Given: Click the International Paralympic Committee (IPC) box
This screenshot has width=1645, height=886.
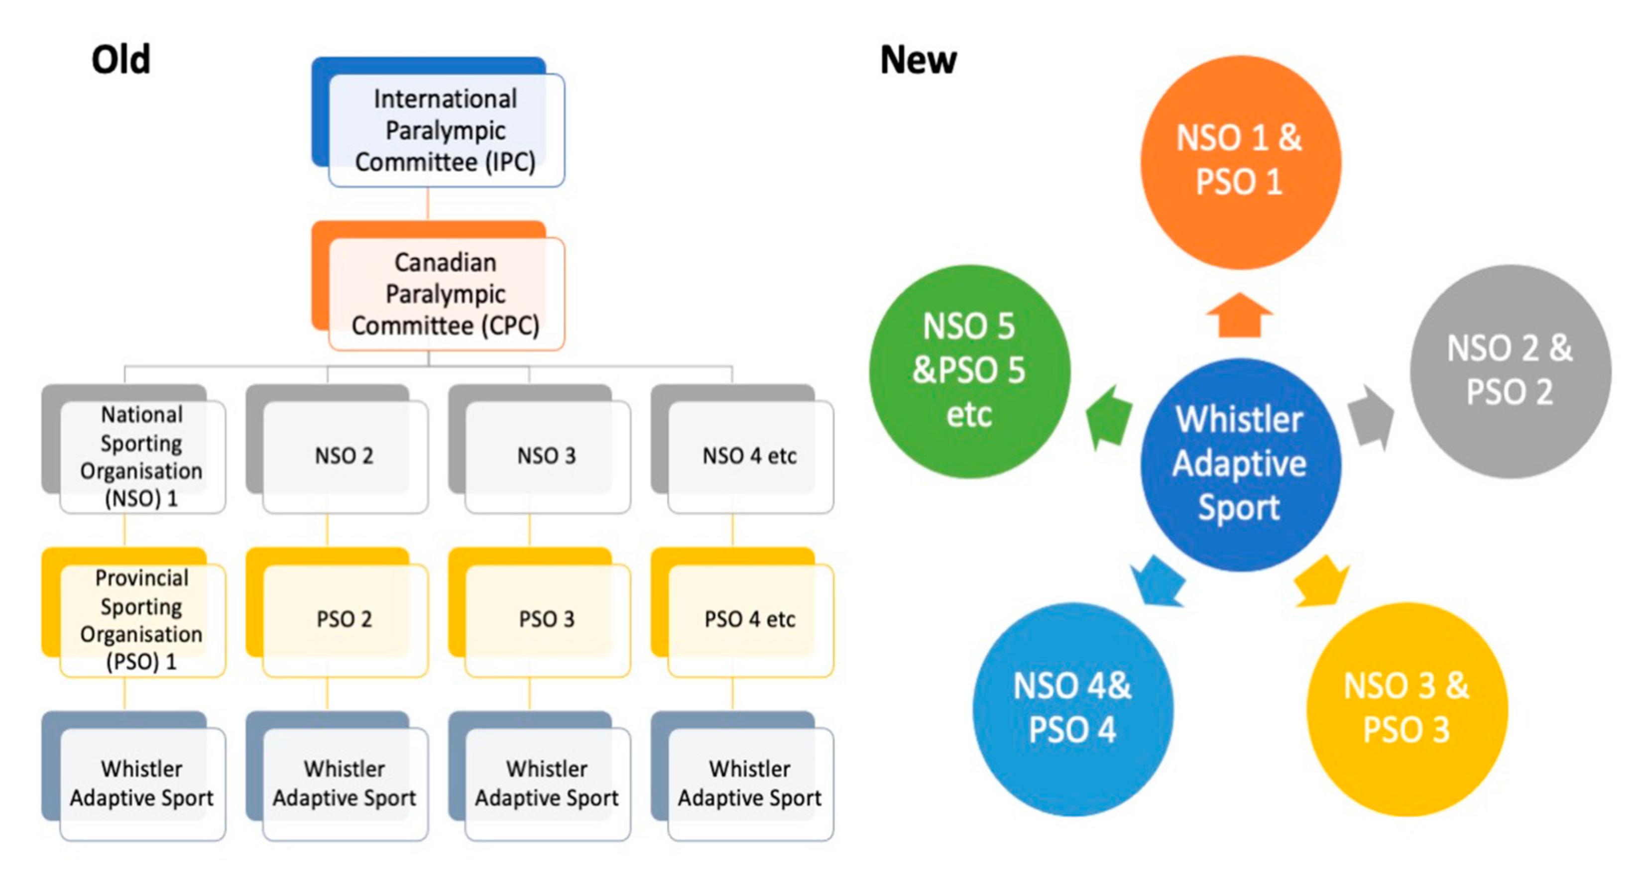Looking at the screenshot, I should pos(445,130).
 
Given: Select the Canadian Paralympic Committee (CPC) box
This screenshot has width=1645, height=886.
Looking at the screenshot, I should pos(445,294).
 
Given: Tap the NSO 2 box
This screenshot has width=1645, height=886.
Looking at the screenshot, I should pos(344,456).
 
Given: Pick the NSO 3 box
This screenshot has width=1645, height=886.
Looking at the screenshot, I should pos(547,456).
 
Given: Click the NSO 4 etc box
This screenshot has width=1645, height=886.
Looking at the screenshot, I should pos(750,456).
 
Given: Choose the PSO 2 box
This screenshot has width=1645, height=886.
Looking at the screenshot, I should pos(344,619).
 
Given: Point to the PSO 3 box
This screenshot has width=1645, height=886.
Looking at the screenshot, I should pos(547,619).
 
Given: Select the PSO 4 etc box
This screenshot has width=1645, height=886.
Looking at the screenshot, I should pos(750,619).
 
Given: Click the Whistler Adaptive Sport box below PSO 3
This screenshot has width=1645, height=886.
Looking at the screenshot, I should pos(547,783).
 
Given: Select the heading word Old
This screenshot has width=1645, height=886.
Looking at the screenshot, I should pos(120,60).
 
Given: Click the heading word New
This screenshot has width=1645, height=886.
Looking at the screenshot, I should pos(918,60).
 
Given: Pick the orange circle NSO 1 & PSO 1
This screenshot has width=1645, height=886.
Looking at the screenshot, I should pos(1240,161).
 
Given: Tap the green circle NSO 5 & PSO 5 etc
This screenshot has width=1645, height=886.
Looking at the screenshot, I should pos(969,371).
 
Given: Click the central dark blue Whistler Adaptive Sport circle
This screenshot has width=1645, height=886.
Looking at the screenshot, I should pos(1240,464).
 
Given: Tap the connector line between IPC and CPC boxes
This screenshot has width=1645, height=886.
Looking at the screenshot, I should pos(428,204).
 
